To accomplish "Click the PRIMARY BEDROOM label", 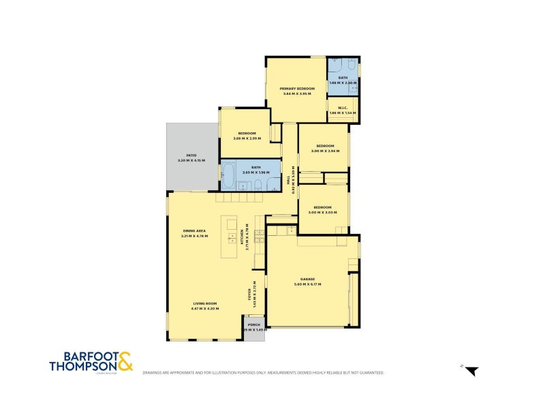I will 297,89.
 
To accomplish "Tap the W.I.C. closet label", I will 339,108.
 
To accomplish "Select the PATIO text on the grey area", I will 182,155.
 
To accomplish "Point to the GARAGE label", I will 307,279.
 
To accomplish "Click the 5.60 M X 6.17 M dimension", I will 307,284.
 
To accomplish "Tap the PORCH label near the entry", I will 253,324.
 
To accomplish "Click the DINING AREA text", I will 195,230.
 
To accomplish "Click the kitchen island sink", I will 232,239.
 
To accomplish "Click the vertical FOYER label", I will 249,294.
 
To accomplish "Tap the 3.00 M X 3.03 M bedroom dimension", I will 322,212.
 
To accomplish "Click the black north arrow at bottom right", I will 472,372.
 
